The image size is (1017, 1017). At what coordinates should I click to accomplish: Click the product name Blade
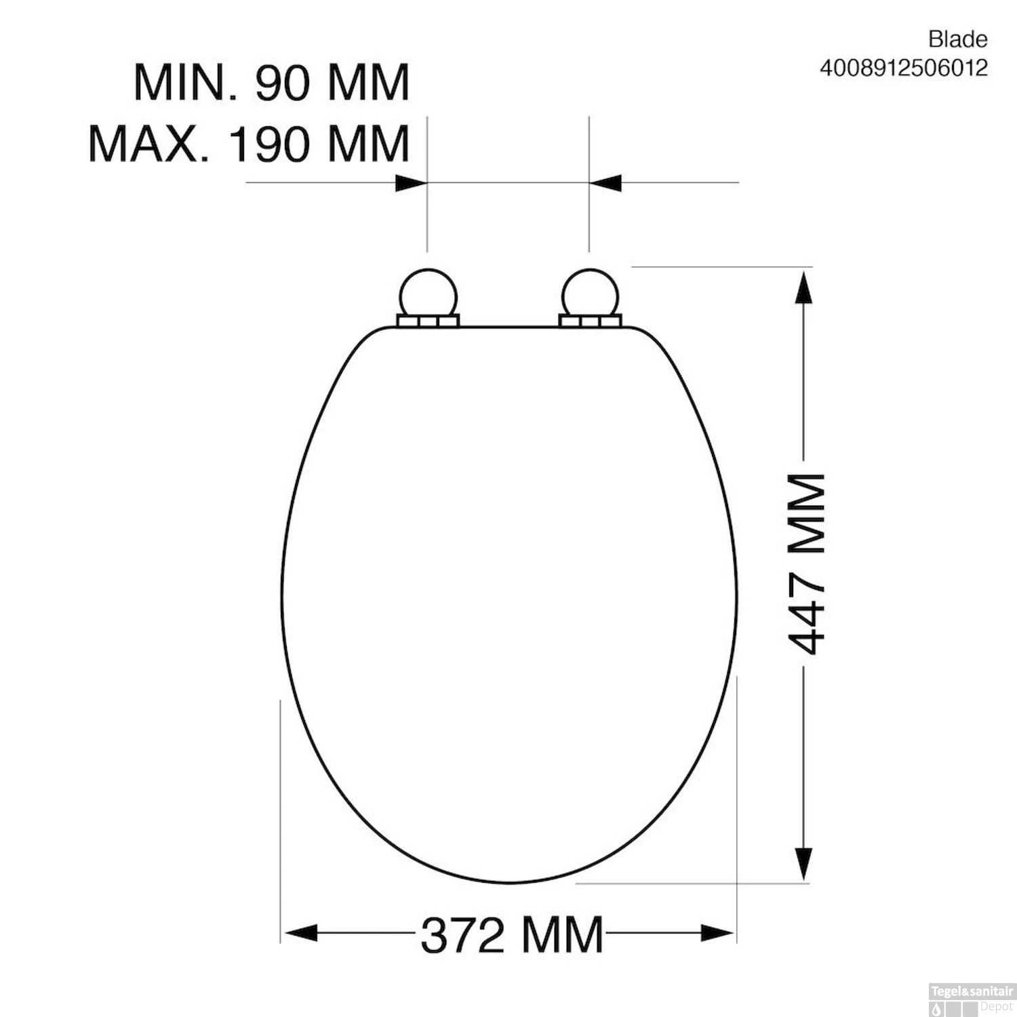[957, 40]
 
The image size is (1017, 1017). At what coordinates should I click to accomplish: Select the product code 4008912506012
[903, 68]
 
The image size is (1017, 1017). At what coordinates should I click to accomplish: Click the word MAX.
[147, 144]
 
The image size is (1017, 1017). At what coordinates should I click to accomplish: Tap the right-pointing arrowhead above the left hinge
[411, 183]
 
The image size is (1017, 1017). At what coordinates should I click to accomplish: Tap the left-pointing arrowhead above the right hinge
[606, 183]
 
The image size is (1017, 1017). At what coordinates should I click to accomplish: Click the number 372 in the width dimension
[463, 935]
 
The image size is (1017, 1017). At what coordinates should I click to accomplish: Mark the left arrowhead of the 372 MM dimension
[301, 933]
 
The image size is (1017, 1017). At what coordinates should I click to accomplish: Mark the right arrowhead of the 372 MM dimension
[717, 933]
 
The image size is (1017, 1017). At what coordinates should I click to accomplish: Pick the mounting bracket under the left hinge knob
[427, 321]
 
